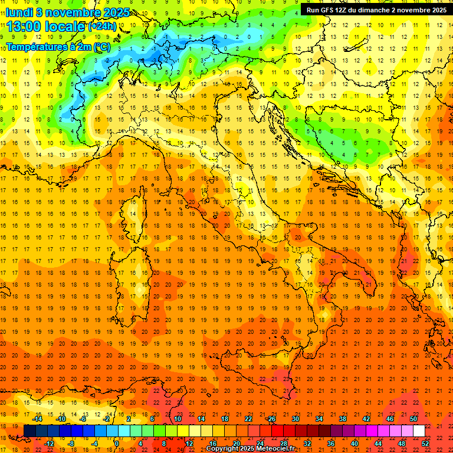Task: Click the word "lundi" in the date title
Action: (x=19, y=12)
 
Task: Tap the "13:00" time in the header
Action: (x=24, y=26)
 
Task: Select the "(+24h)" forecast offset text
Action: (x=102, y=27)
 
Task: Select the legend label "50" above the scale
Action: (x=413, y=419)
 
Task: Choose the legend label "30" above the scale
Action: (x=296, y=419)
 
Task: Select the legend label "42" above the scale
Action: (x=366, y=419)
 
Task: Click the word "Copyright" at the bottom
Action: (x=222, y=449)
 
